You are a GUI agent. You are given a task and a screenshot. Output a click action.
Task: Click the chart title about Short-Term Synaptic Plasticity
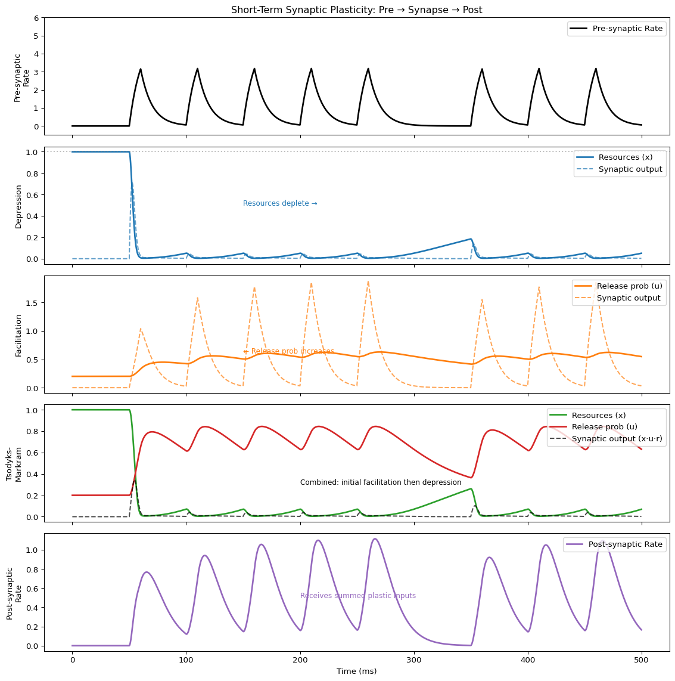pyautogui.click(x=356, y=10)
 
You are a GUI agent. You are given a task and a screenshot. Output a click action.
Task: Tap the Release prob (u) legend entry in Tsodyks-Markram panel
pyautogui.click(x=604, y=427)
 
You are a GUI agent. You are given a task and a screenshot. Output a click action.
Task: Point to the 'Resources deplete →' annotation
pyautogui.click(x=280, y=203)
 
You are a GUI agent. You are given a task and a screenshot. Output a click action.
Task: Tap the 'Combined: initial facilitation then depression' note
pyautogui.click(x=381, y=482)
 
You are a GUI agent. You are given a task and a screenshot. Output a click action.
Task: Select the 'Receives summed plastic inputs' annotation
pyautogui.click(x=358, y=596)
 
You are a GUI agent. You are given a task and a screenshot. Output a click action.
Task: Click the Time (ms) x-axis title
pyautogui.click(x=356, y=671)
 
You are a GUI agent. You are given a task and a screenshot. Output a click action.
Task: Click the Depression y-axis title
pyautogui.click(x=18, y=206)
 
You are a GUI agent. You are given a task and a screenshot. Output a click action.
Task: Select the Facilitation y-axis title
pyautogui.click(x=18, y=335)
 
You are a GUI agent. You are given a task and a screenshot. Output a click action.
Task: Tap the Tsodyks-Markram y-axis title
pyautogui.click(x=14, y=463)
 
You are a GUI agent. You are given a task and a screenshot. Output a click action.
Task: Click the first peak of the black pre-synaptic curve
pyautogui.click(x=141, y=69)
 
